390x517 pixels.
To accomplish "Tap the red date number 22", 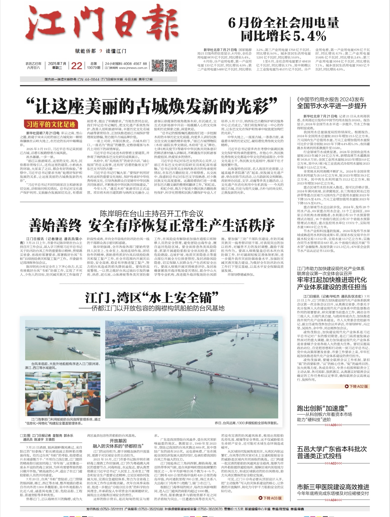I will point(76,66).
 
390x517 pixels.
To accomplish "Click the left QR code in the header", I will point(158,65).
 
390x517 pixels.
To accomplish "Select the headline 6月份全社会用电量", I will point(284,23).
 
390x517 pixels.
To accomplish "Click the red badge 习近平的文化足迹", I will point(51,124).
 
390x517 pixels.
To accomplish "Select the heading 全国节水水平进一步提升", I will point(332,106).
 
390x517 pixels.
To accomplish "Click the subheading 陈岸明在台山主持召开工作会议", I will point(152,214).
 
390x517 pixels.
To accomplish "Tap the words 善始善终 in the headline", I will point(55,226).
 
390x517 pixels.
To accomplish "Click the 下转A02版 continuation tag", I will point(356,386).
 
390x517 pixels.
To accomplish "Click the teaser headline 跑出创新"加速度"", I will point(321,408).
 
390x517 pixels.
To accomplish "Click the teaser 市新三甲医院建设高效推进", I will point(333,487).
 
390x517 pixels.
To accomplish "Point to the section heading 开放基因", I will point(118,441).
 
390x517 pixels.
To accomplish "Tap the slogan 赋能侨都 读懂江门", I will point(101,51).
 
